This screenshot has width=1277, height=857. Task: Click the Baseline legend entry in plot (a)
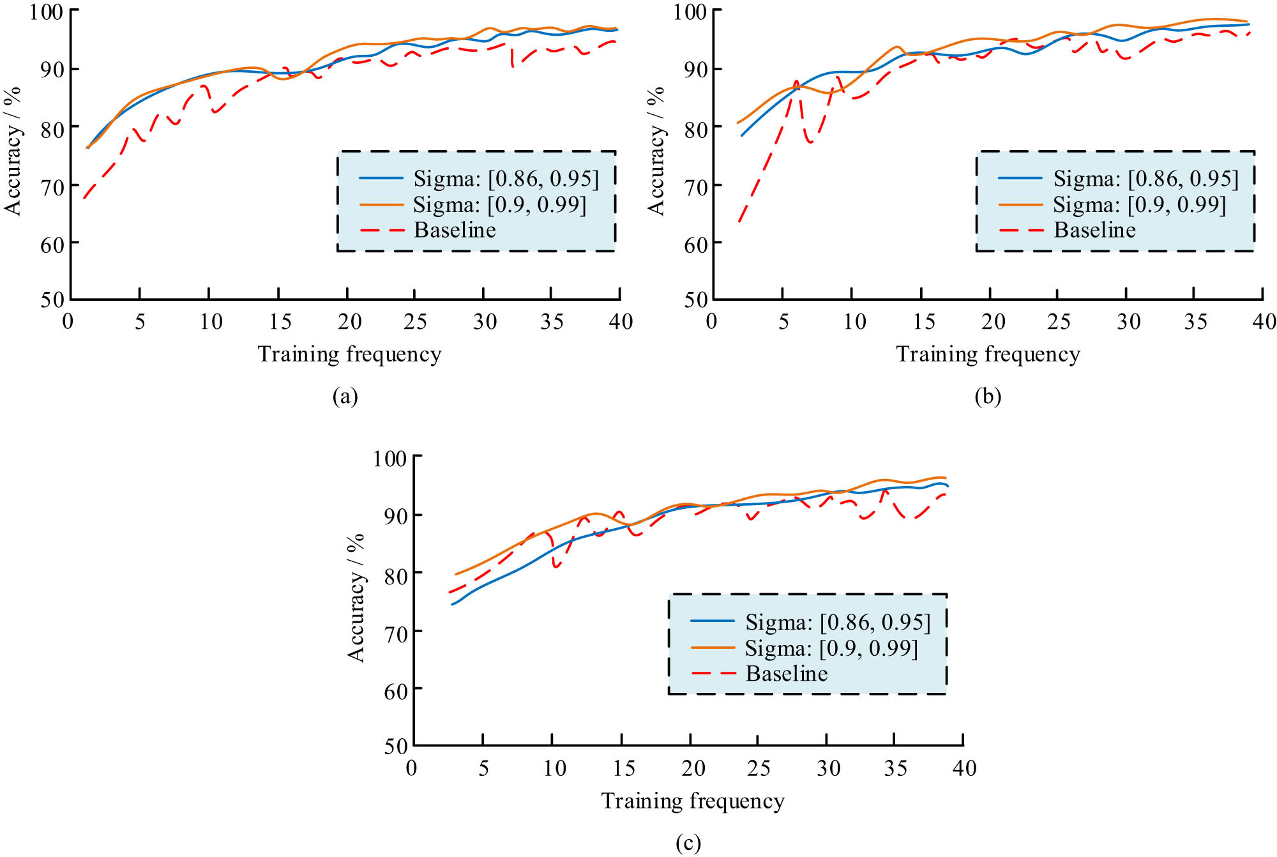point(455,230)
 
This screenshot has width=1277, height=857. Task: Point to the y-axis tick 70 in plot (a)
point(52,187)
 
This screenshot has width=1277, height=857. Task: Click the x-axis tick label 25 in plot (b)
point(1059,321)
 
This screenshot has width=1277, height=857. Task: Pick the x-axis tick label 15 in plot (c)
point(623,768)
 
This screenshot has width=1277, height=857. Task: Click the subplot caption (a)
point(345,397)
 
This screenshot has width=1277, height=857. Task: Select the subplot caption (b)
point(987,397)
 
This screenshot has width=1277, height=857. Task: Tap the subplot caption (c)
point(688,843)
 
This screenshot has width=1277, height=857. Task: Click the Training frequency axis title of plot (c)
point(693,801)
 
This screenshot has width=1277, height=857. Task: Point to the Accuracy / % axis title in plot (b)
point(656,151)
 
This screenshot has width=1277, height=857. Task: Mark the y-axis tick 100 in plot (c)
point(389,459)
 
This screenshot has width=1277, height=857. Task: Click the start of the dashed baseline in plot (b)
point(739,222)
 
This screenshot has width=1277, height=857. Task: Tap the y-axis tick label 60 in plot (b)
point(696,245)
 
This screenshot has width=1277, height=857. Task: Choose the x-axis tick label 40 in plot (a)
point(621,321)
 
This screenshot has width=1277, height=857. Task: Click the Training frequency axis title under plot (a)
point(349,354)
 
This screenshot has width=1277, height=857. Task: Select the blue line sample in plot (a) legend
point(381,178)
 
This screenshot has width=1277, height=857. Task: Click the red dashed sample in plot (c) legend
point(713,673)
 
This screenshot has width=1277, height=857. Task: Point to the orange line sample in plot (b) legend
point(1020,204)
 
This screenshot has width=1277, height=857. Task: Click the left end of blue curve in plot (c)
point(452,604)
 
